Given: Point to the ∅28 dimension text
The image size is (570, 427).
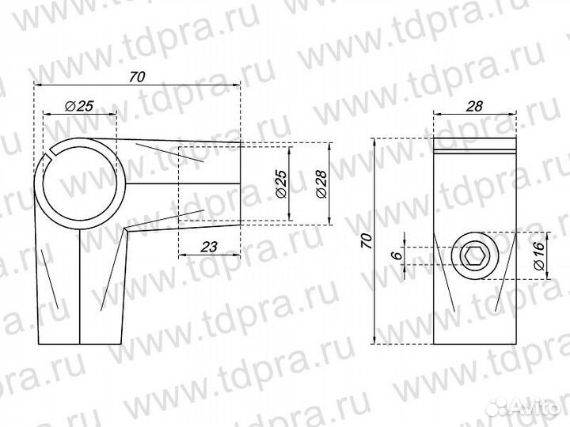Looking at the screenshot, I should (321, 183).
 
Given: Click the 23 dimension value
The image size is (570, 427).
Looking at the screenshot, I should (209, 247).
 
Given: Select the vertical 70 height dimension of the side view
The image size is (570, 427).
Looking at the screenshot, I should (366, 240).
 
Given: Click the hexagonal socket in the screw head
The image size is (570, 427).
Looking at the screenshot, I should (474, 255).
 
